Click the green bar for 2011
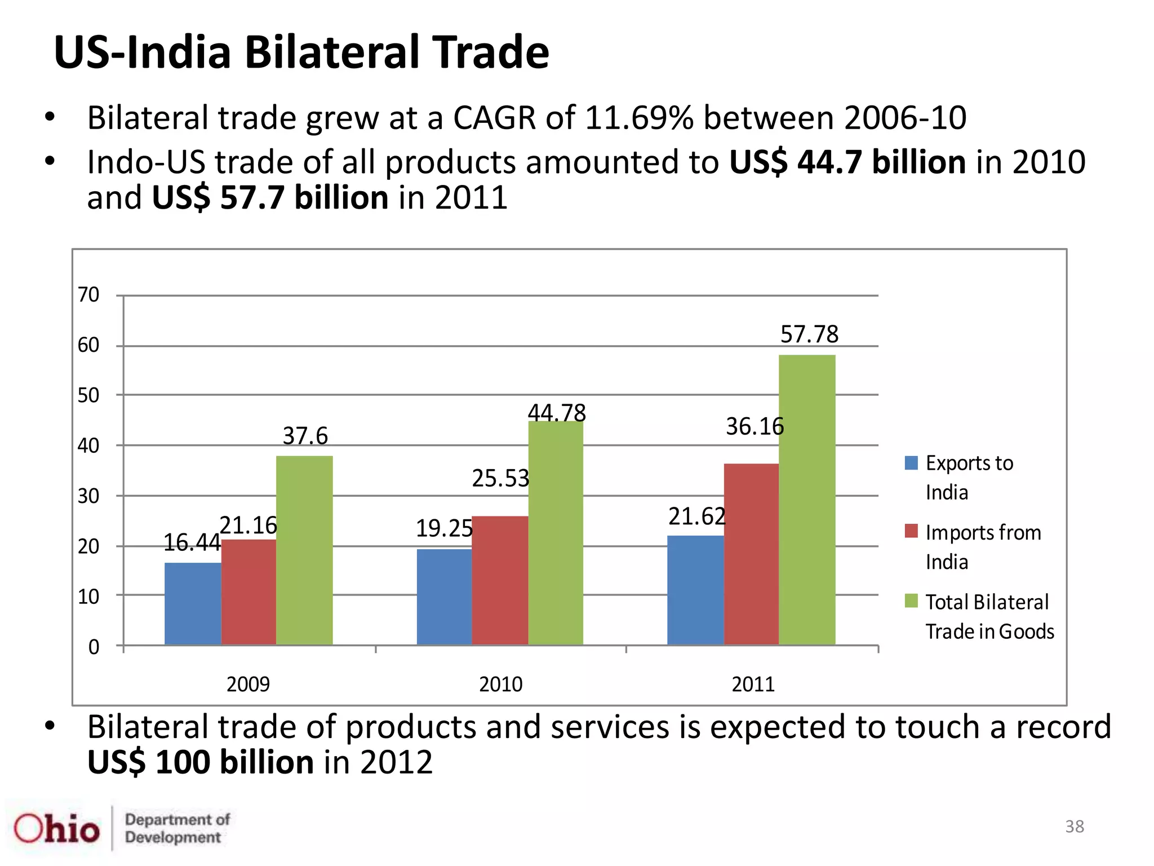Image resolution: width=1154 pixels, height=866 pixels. (807, 500)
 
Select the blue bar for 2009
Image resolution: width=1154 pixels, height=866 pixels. (193, 603)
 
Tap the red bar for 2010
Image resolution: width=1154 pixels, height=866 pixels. (500, 580)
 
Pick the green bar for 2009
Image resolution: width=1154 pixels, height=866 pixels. (304, 550)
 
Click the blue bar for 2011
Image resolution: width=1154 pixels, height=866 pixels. (695, 590)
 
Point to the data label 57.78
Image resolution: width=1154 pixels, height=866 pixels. (809, 334)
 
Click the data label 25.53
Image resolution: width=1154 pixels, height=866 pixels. (500, 479)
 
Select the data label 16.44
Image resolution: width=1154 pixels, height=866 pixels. (192, 543)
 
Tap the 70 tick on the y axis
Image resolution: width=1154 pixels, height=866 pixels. (88, 295)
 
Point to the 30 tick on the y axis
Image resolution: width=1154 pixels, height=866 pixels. (88, 496)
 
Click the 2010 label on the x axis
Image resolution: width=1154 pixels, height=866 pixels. (500, 684)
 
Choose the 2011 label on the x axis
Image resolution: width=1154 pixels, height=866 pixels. (753, 684)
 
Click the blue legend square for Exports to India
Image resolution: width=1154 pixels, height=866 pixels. (911, 463)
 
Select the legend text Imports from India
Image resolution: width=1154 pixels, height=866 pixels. (983, 547)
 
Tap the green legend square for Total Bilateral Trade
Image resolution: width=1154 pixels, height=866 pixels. (911, 601)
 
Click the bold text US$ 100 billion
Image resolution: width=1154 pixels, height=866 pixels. (200, 762)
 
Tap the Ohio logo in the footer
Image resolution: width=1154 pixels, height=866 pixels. (56, 829)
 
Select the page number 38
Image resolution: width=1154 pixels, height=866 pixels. (1074, 827)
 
